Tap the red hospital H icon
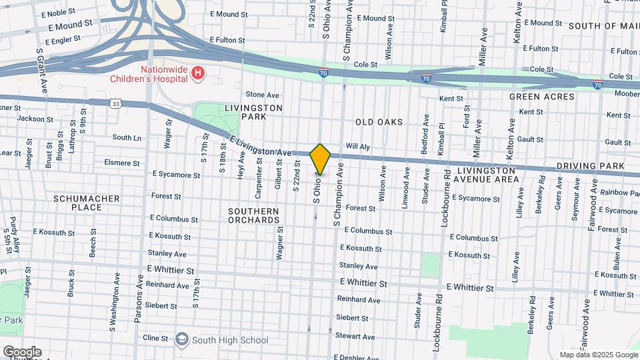pos(197,74)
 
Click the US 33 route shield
pos(116,103)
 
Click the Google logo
pos(22,352)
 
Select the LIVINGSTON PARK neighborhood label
pos(253,112)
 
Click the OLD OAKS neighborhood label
pos(379,122)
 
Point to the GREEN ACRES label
pos(541,97)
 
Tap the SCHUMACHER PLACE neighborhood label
pos(87,203)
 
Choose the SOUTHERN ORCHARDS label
pos(253,215)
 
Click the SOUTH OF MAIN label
pos(603,26)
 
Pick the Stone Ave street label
pos(262,95)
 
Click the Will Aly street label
pos(357,147)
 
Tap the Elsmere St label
pos(122,162)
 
